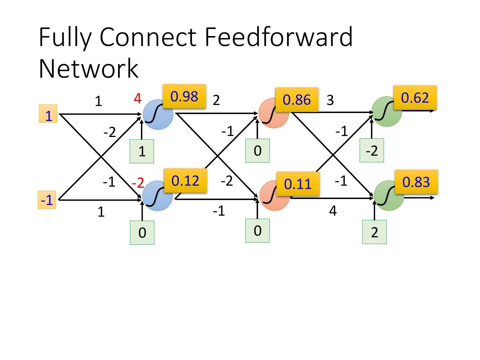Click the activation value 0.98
184,96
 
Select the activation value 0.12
185,181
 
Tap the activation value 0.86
297,100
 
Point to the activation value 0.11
298,184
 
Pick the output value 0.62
415,98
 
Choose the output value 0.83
416,182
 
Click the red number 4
137,98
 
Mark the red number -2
138,183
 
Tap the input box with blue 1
48,114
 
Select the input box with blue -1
47,200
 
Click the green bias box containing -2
372,151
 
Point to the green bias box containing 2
374,232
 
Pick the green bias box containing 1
142,151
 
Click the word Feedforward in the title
279,37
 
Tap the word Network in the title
88,69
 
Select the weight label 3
330,100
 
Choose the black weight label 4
333,211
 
